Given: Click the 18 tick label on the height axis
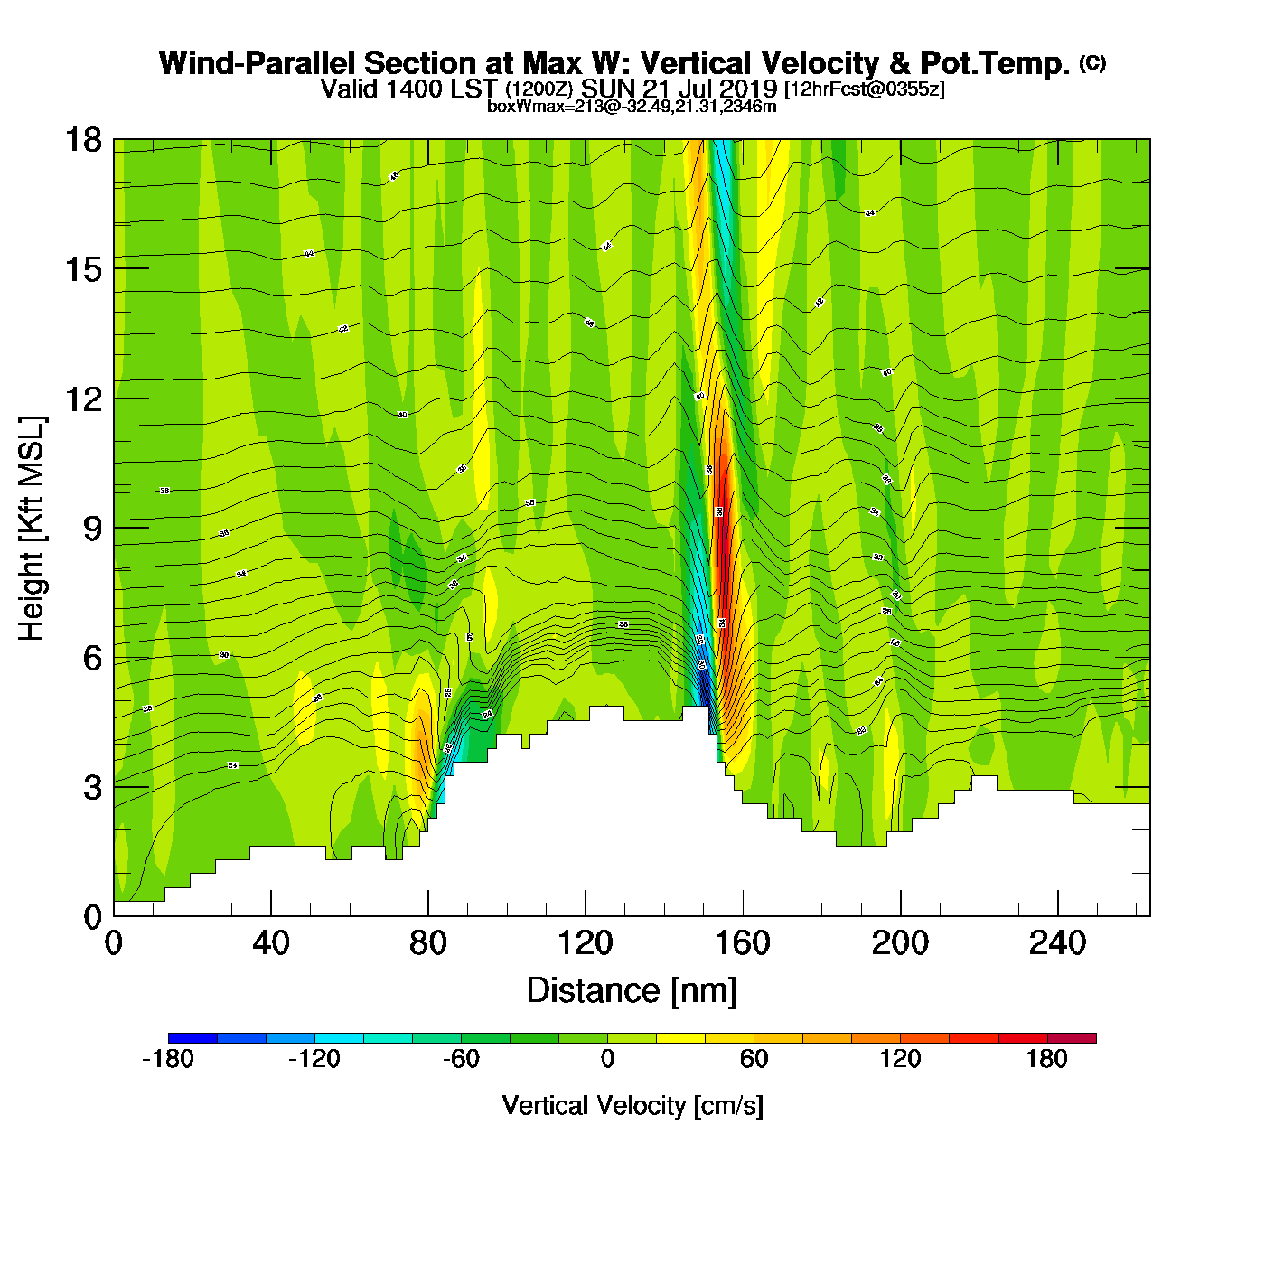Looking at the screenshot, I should pos(82,140).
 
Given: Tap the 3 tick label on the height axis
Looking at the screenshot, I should pos(92,787).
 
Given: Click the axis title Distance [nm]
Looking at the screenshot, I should pos(632,991).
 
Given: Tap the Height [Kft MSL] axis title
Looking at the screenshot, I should pos(32,529).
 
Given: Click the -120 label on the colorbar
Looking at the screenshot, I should pos(314,1059).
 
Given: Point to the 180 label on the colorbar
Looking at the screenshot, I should pos(1046,1059).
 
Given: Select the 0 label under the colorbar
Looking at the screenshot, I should pos(607,1059).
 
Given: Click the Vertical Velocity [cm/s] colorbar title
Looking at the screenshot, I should pos(632,1106).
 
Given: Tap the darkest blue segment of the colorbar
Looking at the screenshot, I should pos(192,1038).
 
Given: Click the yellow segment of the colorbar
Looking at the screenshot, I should pos(680,1038).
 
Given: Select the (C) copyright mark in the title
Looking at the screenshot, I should pos(1092,62).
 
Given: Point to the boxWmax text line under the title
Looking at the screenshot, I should pos(632,107).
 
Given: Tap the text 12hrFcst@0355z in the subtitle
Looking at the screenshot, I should pos(865,89).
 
